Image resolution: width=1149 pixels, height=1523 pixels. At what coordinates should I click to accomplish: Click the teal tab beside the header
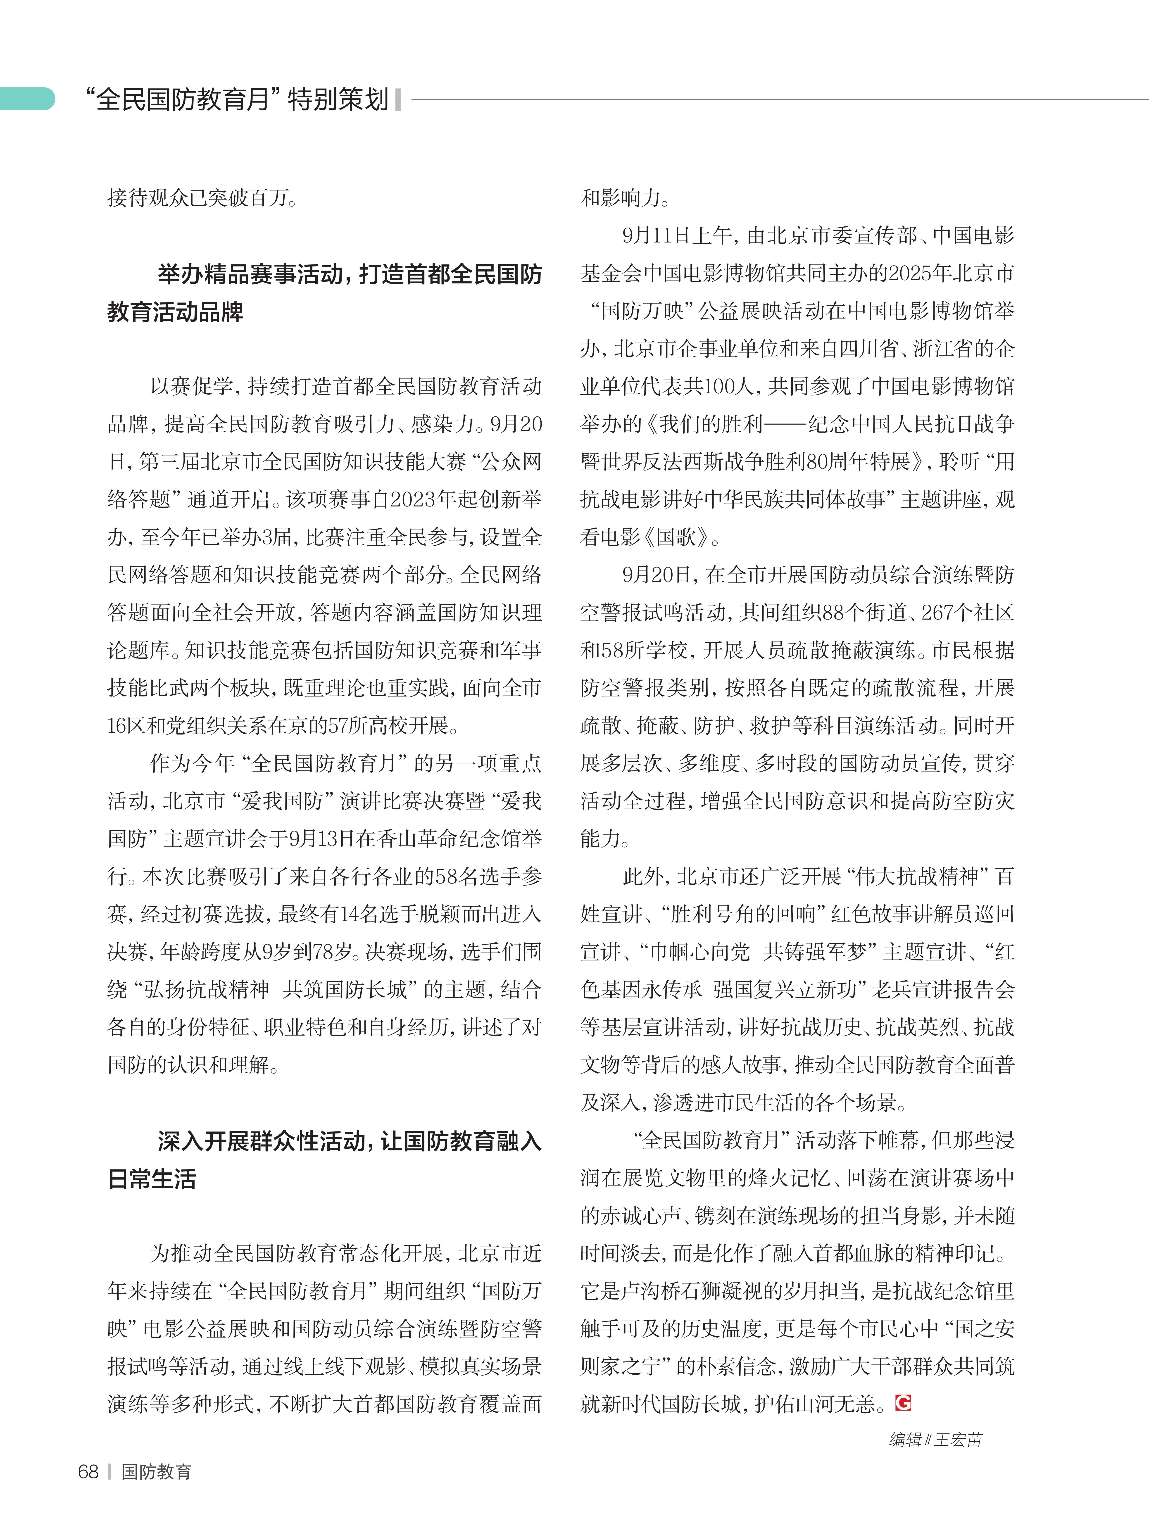click(x=28, y=98)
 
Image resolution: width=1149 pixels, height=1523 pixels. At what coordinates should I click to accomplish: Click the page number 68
click(x=88, y=1471)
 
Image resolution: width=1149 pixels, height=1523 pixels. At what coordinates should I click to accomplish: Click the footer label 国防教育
click(x=156, y=1471)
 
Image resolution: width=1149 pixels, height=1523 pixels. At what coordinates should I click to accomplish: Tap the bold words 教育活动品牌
click(x=176, y=312)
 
